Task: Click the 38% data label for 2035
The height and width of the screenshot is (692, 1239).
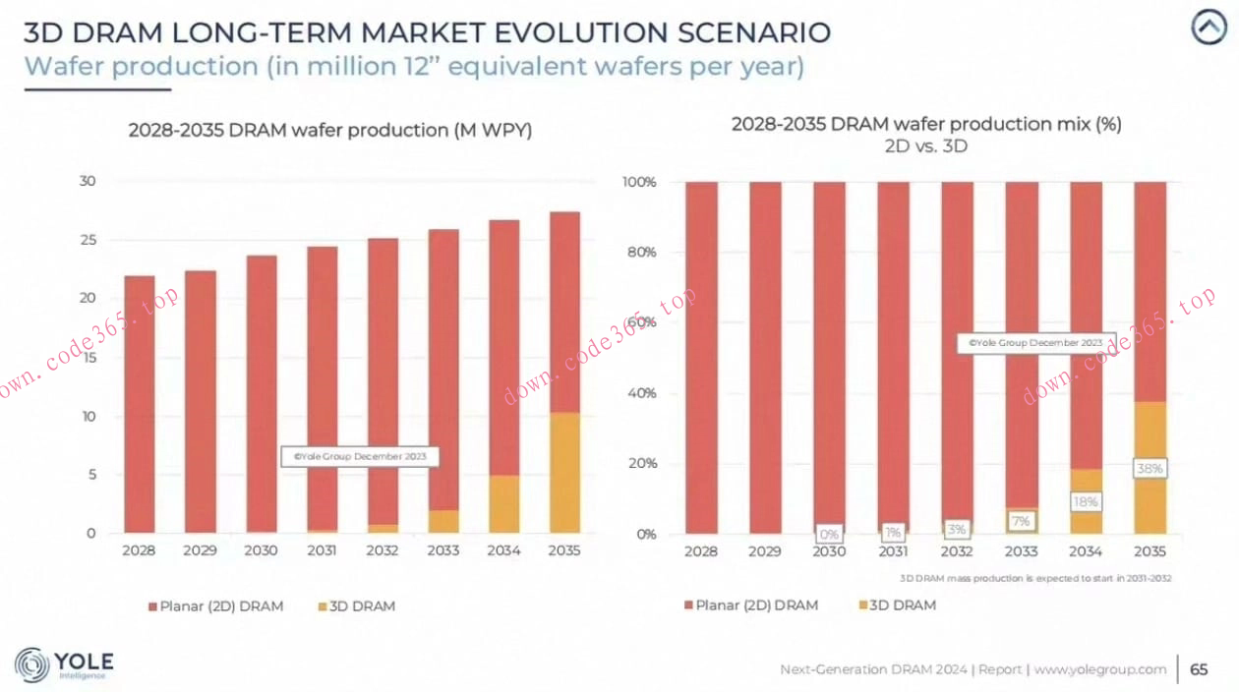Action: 1150,469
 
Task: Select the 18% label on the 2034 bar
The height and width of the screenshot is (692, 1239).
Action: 1086,501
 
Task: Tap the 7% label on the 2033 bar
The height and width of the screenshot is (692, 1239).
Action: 1021,520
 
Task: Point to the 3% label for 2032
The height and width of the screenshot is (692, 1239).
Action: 957,529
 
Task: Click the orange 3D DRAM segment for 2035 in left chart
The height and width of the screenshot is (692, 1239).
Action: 563,472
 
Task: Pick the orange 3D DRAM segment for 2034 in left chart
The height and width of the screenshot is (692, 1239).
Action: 502,503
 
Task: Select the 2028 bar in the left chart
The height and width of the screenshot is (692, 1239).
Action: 140,404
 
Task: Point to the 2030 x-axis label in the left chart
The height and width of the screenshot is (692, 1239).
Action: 261,550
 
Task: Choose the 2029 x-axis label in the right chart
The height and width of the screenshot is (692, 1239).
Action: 764,551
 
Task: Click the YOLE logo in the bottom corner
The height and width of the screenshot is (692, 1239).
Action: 65,664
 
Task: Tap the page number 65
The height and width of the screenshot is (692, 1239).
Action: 1199,669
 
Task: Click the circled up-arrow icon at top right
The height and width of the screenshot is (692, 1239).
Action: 1209,28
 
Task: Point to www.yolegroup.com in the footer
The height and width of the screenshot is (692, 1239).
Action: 1099,669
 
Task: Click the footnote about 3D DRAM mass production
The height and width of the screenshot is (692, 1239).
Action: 1035,578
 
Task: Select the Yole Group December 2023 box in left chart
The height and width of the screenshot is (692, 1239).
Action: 359,456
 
